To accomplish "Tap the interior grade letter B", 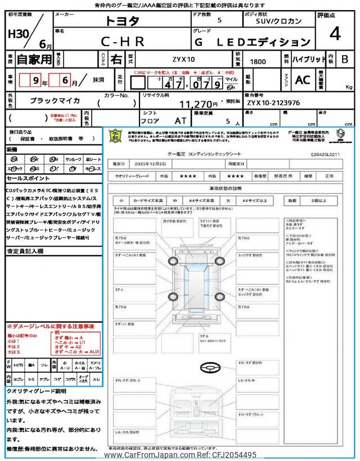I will click(345, 59).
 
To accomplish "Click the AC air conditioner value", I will click(303, 80).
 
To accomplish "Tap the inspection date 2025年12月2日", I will click(152, 163).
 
